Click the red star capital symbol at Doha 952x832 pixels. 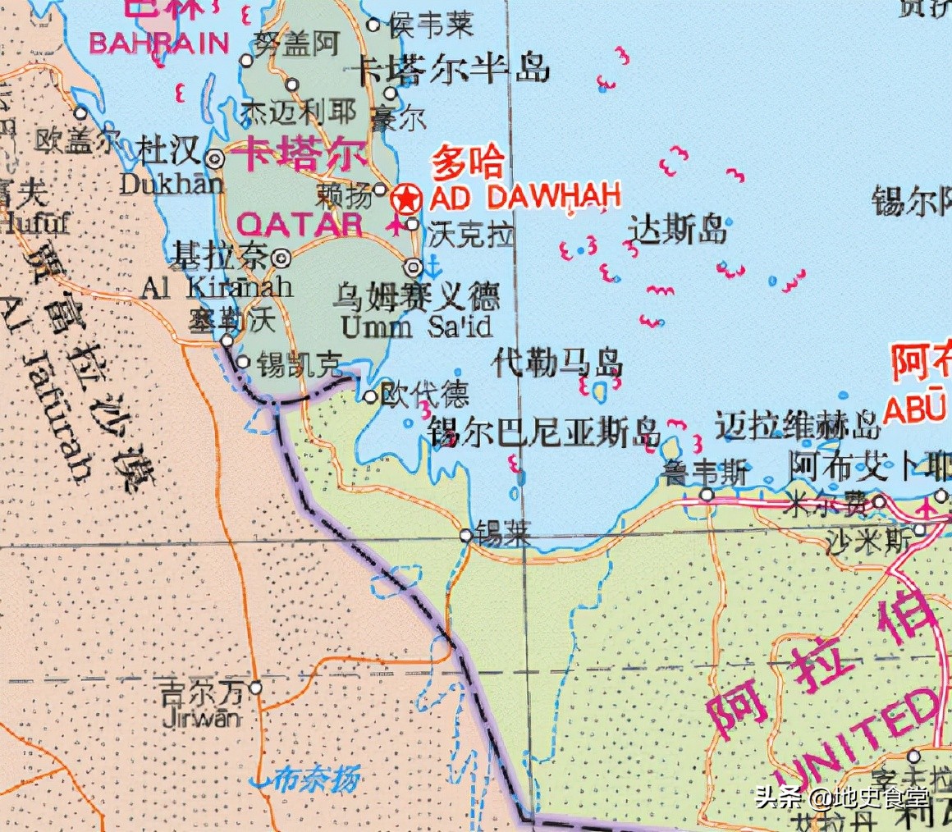[x=405, y=199]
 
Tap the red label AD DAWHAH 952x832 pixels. [x=525, y=197]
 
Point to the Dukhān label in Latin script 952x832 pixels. [x=171, y=183]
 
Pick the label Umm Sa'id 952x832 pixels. [x=416, y=327]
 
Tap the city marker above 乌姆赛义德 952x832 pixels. [x=414, y=267]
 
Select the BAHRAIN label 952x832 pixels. [x=158, y=43]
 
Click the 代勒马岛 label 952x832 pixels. [x=557, y=362]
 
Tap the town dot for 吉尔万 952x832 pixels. [x=256, y=688]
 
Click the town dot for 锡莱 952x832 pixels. [x=465, y=535]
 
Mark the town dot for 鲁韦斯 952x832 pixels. [x=707, y=495]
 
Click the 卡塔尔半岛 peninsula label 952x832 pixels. [x=451, y=70]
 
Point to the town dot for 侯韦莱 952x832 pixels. [x=373, y=25]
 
